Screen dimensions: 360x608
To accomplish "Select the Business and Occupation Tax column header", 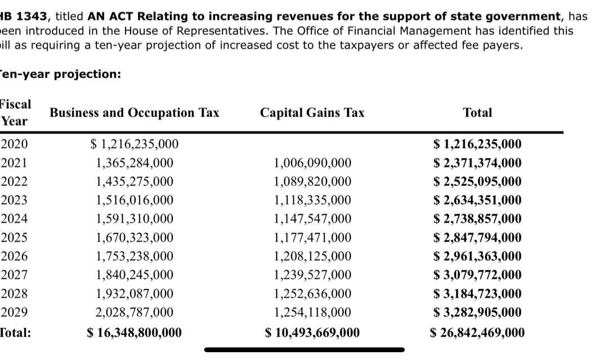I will point(135,113).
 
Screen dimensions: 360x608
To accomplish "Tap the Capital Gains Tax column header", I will point(312,113).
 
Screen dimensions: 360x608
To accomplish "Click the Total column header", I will point(477,113).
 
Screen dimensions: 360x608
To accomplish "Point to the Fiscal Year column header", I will point(15,112).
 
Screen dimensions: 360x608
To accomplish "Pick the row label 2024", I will point(14,219).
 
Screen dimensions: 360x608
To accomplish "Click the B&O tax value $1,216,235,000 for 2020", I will point(135,144).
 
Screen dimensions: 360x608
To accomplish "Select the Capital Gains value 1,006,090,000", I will point(312,163).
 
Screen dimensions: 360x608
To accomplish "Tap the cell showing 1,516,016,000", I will point(135,200).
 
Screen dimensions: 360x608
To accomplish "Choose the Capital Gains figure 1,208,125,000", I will point(312,256).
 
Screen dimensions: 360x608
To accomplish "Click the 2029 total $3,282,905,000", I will point(477,312).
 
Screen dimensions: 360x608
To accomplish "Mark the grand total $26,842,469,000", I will point(477,332).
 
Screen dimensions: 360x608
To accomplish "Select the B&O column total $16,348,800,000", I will point(135,332).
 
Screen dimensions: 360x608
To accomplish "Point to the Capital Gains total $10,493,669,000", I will point(312,332).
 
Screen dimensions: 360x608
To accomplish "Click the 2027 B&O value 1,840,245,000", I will point(135,275).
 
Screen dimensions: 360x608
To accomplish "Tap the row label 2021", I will point(14,163).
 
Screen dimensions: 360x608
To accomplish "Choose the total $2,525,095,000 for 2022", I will point(477,181).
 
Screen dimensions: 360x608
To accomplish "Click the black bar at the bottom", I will point(304,350).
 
